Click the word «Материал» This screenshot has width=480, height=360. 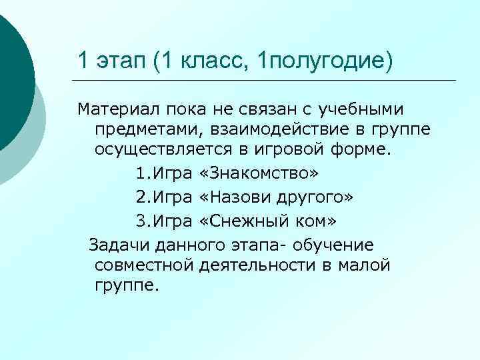[x=112, y=109]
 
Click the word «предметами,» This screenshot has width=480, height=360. [x=142, y=128]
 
